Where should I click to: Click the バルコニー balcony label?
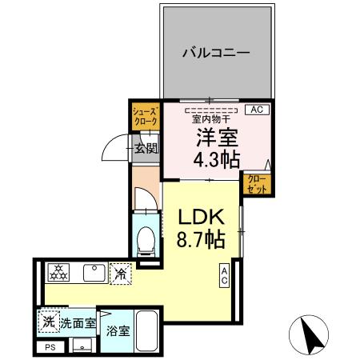pos(215,54)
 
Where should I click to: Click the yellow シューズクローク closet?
pos(145,116)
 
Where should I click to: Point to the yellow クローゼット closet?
pos(256,184)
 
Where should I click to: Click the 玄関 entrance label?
pos(146,147)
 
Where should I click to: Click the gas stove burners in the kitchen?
pos(59,273)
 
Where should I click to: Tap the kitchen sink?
pos(93,273)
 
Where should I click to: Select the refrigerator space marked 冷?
pos(120,273)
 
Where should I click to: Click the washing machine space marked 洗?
pos(47,323)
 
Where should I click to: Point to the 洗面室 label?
pos(78,324)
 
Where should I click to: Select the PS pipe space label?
pos(50,347)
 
